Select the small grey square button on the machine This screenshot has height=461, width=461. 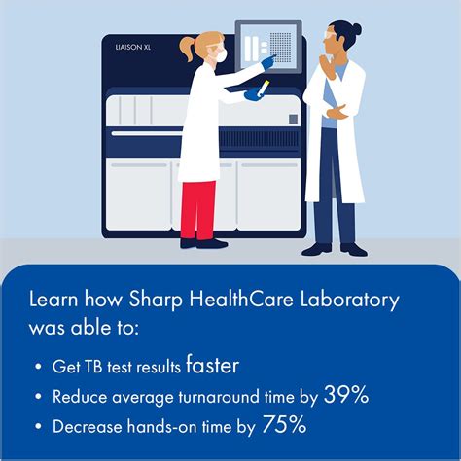point(293,119)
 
